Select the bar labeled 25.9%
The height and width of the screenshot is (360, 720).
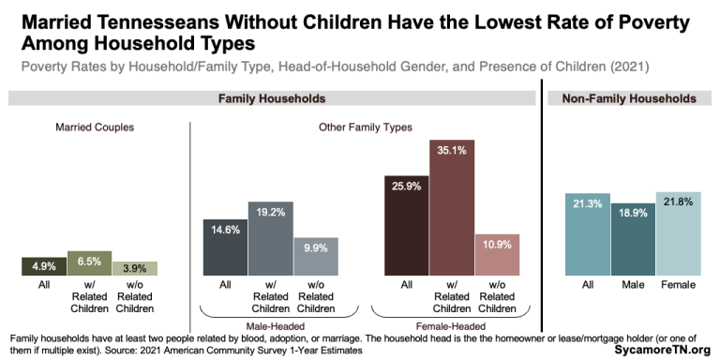tap(406, 224)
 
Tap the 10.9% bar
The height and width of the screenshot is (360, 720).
tap(496, 255)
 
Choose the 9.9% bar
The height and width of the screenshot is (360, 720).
tap(315, 256)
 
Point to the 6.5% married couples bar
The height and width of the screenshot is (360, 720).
tap(89, 263)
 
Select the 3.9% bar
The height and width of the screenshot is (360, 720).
tap(134, 268)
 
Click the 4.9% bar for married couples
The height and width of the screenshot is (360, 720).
tap(44, 266)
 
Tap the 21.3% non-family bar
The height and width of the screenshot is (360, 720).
tap(587, 234)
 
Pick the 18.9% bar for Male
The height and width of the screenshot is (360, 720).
tap(632, 239)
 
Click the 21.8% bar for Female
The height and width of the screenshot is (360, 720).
tap(677, 233)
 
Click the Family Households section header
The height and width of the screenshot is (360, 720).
tap(271, 98)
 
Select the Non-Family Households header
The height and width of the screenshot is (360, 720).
tap(628, 98)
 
